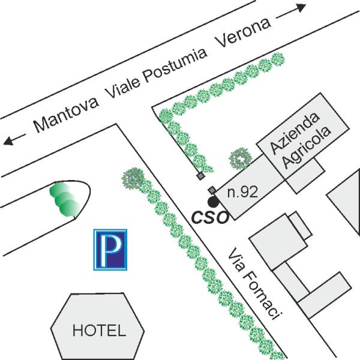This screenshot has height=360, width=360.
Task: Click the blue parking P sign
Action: [110, 250]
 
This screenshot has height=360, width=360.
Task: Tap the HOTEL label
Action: [99, 330]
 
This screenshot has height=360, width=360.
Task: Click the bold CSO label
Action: [210, 217]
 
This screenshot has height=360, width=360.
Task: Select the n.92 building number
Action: [243, 192]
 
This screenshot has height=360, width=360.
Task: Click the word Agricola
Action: [306, 147]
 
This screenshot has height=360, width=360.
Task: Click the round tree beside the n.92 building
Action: [241, 158]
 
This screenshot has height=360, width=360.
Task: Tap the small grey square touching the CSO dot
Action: [212, 190]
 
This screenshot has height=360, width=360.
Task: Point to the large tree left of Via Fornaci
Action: [133, 178]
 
